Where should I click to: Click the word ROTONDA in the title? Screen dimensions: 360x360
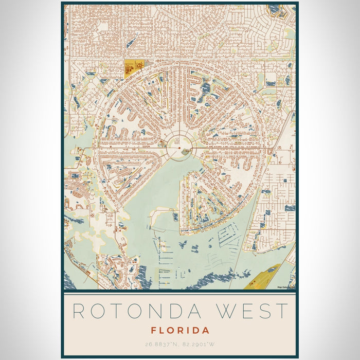coord(129,311)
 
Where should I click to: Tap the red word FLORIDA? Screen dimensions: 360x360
coord(180,330)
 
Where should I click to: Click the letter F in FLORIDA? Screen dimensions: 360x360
coord(154,330)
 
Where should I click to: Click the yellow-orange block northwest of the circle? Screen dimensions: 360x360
coord(132,67)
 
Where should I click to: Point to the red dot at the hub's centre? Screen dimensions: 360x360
coord(179,148)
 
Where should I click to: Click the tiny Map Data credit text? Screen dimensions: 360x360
coord(285,287)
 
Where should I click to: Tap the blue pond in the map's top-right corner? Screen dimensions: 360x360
coord(275,9)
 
